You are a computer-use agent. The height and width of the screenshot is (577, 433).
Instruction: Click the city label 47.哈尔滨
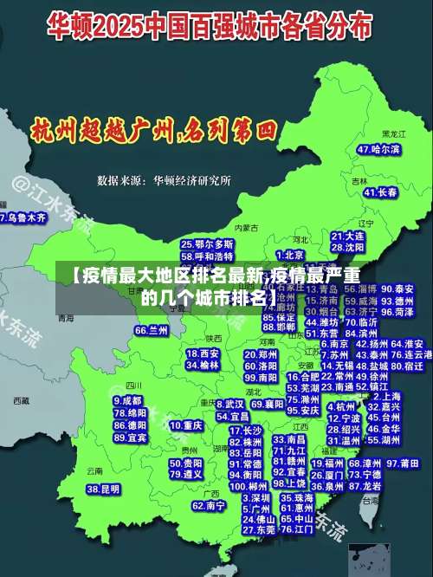[x=379, y=149]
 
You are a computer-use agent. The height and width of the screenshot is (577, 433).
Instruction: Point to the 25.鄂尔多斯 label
[x=207, y=244]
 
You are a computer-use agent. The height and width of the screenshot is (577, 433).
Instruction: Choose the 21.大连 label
[x=347, y=236]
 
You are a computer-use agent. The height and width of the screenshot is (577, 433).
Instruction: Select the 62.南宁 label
[x=209, y=505]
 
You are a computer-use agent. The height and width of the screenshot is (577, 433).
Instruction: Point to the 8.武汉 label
[x=229, y=404]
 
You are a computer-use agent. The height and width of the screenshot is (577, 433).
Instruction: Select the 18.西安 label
[x=203, y=353]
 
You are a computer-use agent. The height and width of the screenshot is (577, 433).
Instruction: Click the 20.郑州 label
[x=261, y=354]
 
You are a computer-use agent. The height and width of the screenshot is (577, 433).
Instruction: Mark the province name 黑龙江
[x=394, y=134]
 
